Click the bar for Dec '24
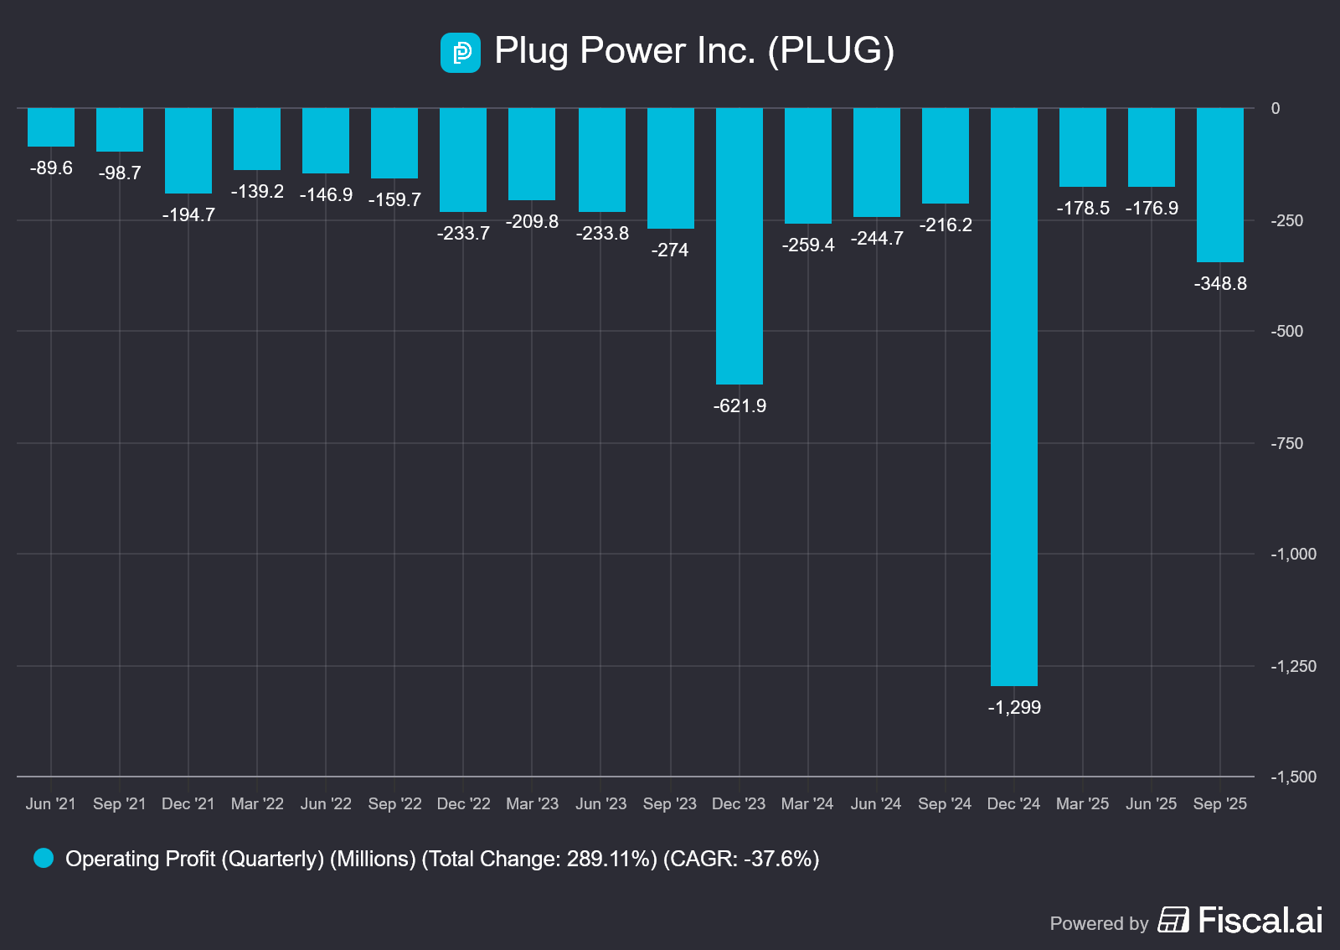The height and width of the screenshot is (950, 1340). (x=1013, y=396)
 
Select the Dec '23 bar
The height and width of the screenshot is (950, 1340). (x=740, y=245)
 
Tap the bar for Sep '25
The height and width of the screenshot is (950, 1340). (x=1219, y=184)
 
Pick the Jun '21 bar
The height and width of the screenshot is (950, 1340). (x=51, y=127)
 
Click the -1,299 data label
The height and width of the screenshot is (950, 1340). (x=1014, y=708)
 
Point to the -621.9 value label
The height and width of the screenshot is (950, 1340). (x=740, y=406)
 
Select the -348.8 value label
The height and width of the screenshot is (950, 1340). (x=1220, y=284)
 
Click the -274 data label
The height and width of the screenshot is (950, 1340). (x=670, y=250)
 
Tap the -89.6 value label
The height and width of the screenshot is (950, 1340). (x=51, y=168)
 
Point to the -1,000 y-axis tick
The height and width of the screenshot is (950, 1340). (x=1293, y=555)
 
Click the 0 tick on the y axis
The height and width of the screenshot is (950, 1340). (x=1276, y=108)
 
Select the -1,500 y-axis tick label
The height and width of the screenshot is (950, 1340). (x=1293, y=777)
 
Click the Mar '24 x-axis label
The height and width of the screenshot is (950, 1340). (x=807, y=804)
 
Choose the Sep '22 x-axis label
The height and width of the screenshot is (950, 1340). (x=394, y=804)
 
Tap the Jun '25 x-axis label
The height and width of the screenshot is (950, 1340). (x=1151, y=804)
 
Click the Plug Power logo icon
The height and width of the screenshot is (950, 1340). (x=461, y=53)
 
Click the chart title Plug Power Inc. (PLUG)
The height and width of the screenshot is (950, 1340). (x=694, y=51)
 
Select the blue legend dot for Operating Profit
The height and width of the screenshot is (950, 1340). (x=44, y=858)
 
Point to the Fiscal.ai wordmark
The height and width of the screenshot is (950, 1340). (x=1260, y=921)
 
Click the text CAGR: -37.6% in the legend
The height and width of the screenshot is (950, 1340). (x=741, y=859)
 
